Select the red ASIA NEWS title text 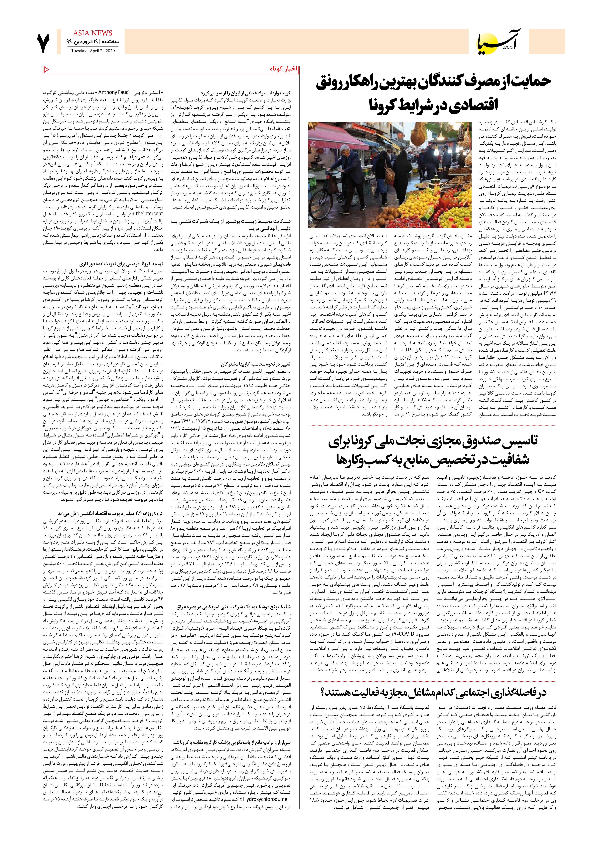point(92,33)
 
